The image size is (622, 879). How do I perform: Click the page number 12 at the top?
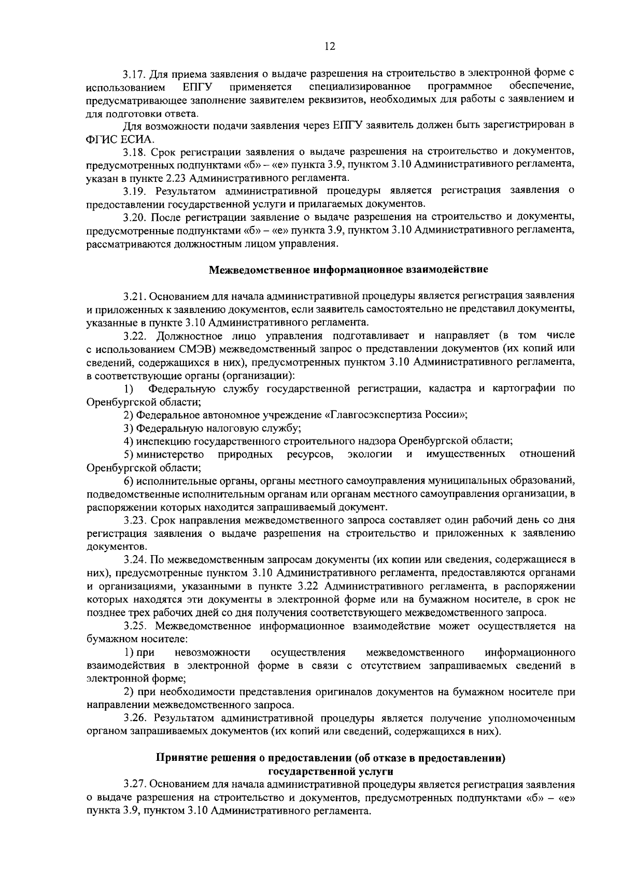point(330,46)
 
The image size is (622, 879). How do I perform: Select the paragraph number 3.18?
point(134,152)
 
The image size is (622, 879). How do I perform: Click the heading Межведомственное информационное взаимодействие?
point(348,270)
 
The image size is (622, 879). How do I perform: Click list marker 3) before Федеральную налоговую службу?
point(129,428)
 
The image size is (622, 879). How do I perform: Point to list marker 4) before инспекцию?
point(129,441)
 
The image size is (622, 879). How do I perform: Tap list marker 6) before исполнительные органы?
point(129,481)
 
